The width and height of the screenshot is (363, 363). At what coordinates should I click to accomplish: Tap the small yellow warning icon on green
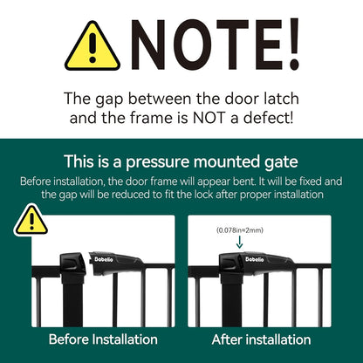tap(31, 220)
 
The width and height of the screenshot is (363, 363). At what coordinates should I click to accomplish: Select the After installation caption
tap(262, 339)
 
